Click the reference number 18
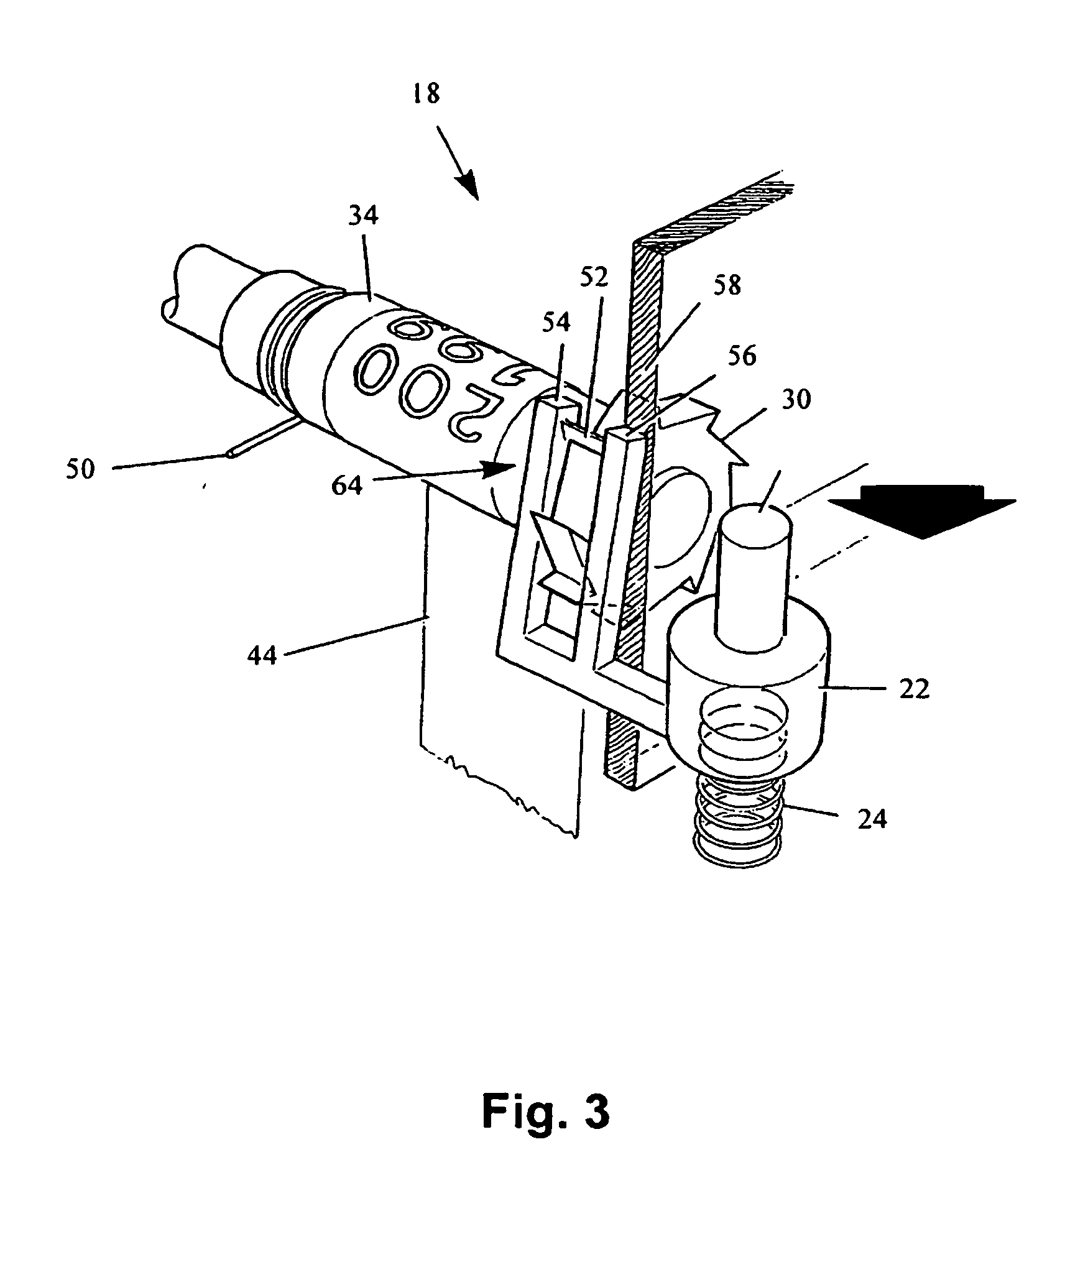tap(426, 94)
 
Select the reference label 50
tap(81, 469)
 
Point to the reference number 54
tap(557, 323)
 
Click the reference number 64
tap(346, 485)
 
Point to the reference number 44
tap(261, 655)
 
